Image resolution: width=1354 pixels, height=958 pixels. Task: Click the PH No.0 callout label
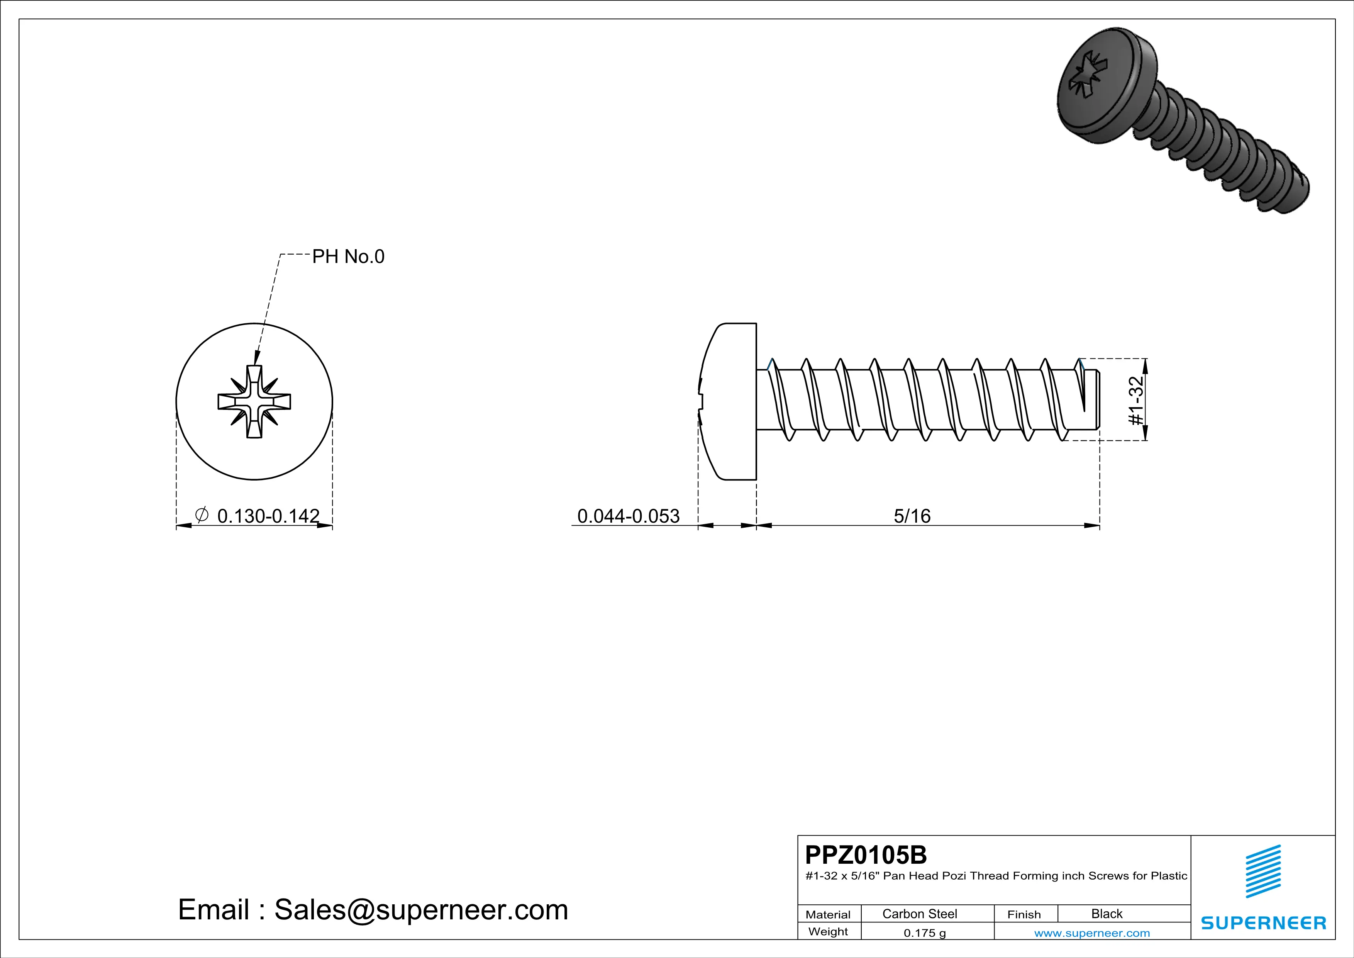[348, 256]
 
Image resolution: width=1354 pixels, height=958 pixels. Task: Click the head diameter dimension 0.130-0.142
[268, 516]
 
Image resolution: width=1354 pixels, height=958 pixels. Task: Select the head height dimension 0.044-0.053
[628, 516]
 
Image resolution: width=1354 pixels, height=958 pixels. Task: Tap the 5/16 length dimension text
[912, 516]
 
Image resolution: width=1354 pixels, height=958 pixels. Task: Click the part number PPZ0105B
[866, 855]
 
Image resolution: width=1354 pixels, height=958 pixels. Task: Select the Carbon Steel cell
[919, 914]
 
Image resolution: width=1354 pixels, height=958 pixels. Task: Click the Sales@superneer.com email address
[421, 910]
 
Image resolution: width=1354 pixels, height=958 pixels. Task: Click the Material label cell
[828, 914]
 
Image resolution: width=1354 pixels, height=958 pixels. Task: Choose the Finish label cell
[1024, 914]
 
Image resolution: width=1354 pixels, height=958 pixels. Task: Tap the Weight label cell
[828, 931]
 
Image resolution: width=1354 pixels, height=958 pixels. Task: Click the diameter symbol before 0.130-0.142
[201, 515]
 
